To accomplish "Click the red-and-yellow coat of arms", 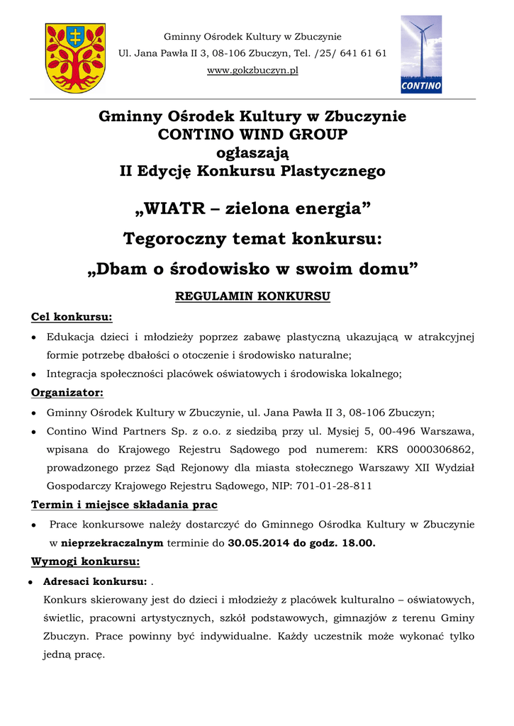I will point(75,57).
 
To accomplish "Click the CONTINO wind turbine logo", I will point(421,55).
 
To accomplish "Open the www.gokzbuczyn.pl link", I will point(252,70).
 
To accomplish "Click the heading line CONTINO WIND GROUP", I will point(252,134).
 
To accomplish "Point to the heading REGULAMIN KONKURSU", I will point(252,296).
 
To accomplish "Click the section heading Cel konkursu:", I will point(72,316).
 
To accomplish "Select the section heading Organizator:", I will point(67,392).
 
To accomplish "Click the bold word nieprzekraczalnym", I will point(111,543).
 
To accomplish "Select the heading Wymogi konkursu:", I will point(85,562).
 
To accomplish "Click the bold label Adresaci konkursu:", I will point(95,581).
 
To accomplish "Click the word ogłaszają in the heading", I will point(252,152).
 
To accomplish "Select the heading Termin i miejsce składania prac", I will point(124,505).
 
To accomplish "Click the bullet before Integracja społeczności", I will point(34,374).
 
